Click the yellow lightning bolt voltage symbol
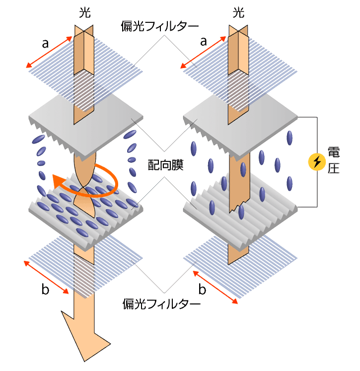click(x=317, y=162)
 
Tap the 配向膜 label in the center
click(x=165, y=165)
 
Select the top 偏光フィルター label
click(x=160, y=26)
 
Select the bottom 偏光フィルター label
click(x=161, y=304)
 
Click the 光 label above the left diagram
click(x=85, y=12)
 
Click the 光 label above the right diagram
click(x=238, y=12)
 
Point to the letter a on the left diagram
click(x=45, y=44)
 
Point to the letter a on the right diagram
click(x=204, y=42)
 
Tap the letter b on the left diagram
click(x=45, y=289)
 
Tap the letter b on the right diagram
click(x=202, y=289)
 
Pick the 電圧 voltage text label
click(x=334, y=160)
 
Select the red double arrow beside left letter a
click(x=49, y=52)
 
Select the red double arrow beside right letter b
click(x=215, y=287)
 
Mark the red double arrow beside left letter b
click(x=46, y=277)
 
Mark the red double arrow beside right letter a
click(x=203, y=52)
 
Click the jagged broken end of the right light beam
click(x=239, y=206)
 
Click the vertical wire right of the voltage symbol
click(x=317, y=162)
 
